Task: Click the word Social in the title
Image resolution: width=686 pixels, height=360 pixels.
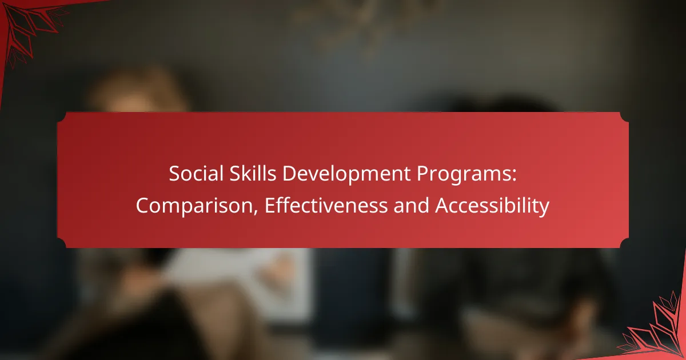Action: (x=196, y=174)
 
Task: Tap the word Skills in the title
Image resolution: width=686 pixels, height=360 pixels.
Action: (x=253, y=174)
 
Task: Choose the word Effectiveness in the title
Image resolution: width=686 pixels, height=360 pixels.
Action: (x=326, y=205)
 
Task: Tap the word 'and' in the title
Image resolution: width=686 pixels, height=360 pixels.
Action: (x=411, y=205)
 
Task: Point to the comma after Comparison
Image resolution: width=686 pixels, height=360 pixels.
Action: (x=256, y=211)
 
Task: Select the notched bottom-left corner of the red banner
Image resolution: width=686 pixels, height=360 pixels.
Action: (x=62, y=243)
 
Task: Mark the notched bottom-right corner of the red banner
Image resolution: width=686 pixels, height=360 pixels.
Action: (x=624, y=243)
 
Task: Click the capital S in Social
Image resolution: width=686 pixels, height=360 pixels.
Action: (x=174, y=174)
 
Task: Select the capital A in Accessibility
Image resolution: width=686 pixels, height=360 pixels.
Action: (x=442, y=205)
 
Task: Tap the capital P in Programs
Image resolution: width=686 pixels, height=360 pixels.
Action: (x=422, y=174)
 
